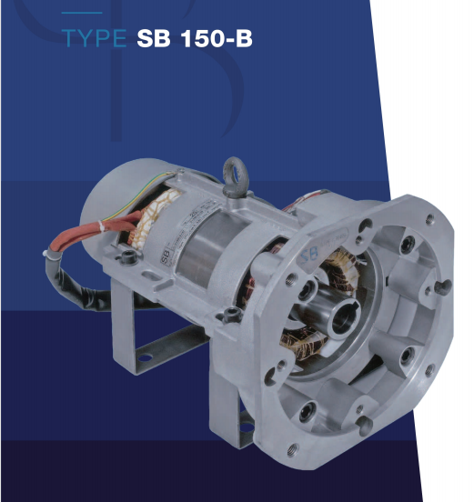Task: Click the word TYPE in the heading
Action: tap(94, 38)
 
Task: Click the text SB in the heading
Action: tap(154, 38)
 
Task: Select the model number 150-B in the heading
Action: tap(217, 38)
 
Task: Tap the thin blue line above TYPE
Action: tap(82, 13)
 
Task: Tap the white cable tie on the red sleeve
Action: tap(102, 226)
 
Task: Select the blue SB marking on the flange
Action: tap(309, 253)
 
